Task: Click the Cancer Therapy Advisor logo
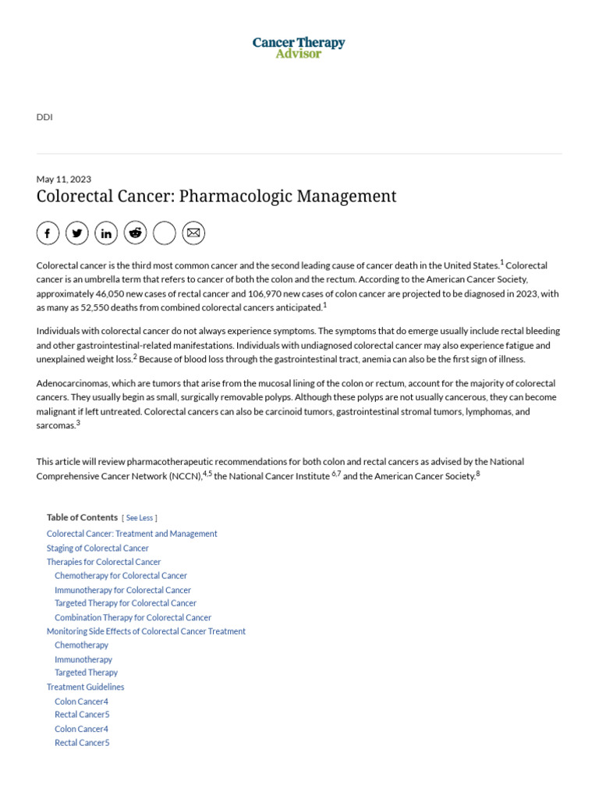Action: click(x=299, y=48)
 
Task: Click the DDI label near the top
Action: click(x=44, y=117)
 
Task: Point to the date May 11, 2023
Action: click(x=63, y=179)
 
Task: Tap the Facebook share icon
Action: click(x=48, y=233)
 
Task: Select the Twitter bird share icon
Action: click(x=76, y=233)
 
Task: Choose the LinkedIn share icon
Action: click(x=106, y=233)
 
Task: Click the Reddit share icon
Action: click(x=135, y=233)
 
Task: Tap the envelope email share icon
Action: click(x=193, y=233)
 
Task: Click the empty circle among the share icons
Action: click(x=165, y=233)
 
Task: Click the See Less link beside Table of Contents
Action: click(x=140, y=517)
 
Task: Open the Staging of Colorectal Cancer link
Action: click(x=97, y=548)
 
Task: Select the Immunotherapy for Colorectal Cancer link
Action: click(x=122, y=590)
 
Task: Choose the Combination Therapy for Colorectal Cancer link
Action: click(x=133, y=617)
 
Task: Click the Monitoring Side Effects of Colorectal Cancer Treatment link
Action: click(x=146, y=631)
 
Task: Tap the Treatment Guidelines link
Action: click(x=85, y=687)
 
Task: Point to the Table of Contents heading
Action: click(x=81, y=517)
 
